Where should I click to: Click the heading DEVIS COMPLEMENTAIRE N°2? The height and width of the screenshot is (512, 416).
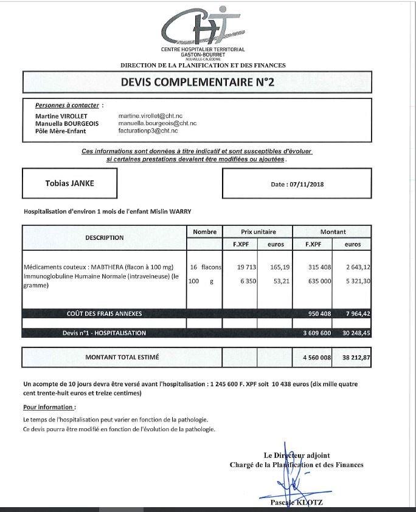click(198, 82)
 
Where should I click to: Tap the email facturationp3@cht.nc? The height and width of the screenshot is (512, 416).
click(148, 131)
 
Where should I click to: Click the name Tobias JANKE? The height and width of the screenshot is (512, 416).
click(70, 183)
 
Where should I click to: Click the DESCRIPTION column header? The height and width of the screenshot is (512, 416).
click(104, 237)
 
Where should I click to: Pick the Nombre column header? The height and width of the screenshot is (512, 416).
click(204, 231)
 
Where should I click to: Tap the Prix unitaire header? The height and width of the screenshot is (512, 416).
click(257, 231)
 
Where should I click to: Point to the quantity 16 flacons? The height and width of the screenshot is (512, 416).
click(205, 267)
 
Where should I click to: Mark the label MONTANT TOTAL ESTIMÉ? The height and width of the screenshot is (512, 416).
click(122, 357)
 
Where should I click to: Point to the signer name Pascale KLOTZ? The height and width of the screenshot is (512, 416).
click(297, 502)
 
